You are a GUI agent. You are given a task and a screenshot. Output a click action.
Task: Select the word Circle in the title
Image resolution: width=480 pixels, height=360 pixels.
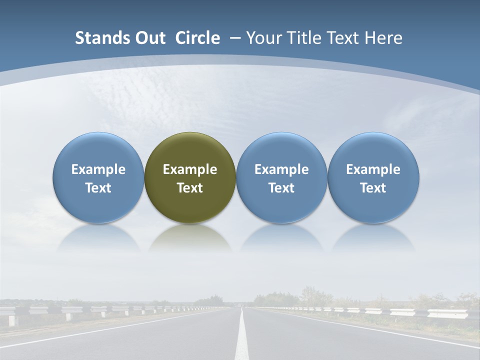point(197,38)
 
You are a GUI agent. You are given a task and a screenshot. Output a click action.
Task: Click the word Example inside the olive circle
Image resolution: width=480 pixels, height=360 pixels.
point(190,169)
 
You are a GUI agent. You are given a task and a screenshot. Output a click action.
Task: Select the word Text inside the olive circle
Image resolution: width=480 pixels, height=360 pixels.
point(190,188)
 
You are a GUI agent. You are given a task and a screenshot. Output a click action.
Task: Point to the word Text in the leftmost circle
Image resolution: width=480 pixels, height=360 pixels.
point(98,188)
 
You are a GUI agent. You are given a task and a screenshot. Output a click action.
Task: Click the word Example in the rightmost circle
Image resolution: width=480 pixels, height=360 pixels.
point(373,169)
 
